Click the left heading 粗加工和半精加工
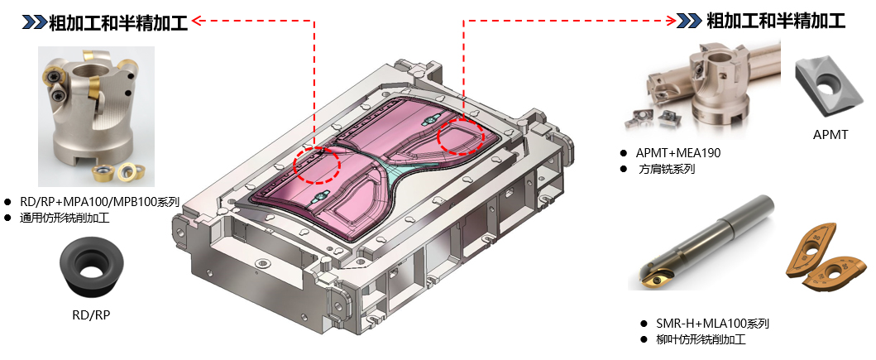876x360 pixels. pos(118,22)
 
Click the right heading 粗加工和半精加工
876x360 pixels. pos(776,22)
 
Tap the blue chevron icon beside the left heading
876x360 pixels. pos(34,22)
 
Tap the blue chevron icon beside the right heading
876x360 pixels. pos(690,22)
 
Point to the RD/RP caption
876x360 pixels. pos(91,316)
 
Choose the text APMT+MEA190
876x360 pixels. pos(678,153)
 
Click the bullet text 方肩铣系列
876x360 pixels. pos(666,169)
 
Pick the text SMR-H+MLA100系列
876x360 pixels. pos(713,324)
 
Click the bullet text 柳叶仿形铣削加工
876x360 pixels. pos(701,339)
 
